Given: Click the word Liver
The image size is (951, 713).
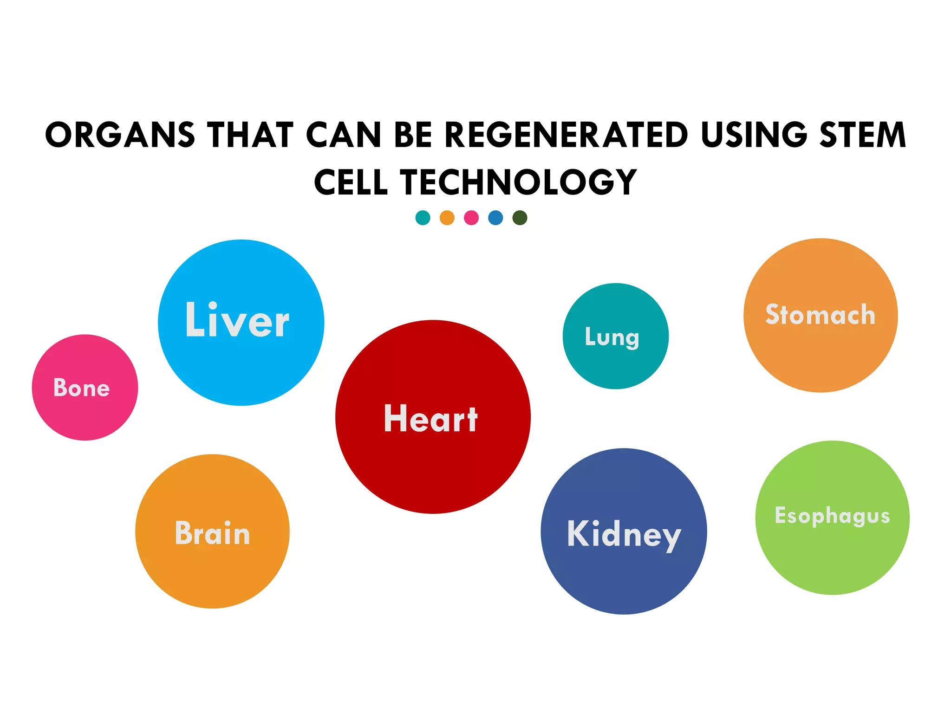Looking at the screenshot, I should [237, 320].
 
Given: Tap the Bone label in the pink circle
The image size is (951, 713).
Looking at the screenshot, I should [82, 388].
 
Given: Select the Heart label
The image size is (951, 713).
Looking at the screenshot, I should [431, 419].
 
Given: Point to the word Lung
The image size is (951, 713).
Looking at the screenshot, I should [612, 337].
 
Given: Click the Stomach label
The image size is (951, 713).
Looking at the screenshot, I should [821, 315].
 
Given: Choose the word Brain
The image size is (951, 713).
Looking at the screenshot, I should [213, 533].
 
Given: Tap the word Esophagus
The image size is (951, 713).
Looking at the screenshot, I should [833, 516].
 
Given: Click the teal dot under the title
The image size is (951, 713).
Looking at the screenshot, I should [423, 218].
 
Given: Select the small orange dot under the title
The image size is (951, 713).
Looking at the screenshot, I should [447, 218].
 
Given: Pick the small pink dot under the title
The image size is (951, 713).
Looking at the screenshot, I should [471, 218].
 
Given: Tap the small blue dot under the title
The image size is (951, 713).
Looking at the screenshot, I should [495, 218].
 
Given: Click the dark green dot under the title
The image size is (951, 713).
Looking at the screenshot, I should [520, 218].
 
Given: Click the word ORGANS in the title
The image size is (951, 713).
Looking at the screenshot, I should [120, 135].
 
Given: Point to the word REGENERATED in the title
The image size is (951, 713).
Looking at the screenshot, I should [566, 135].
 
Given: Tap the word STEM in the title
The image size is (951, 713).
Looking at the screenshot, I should [863, 135].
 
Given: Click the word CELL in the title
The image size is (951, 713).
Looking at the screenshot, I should [351, 182].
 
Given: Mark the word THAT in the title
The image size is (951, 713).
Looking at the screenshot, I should [250, 135].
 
